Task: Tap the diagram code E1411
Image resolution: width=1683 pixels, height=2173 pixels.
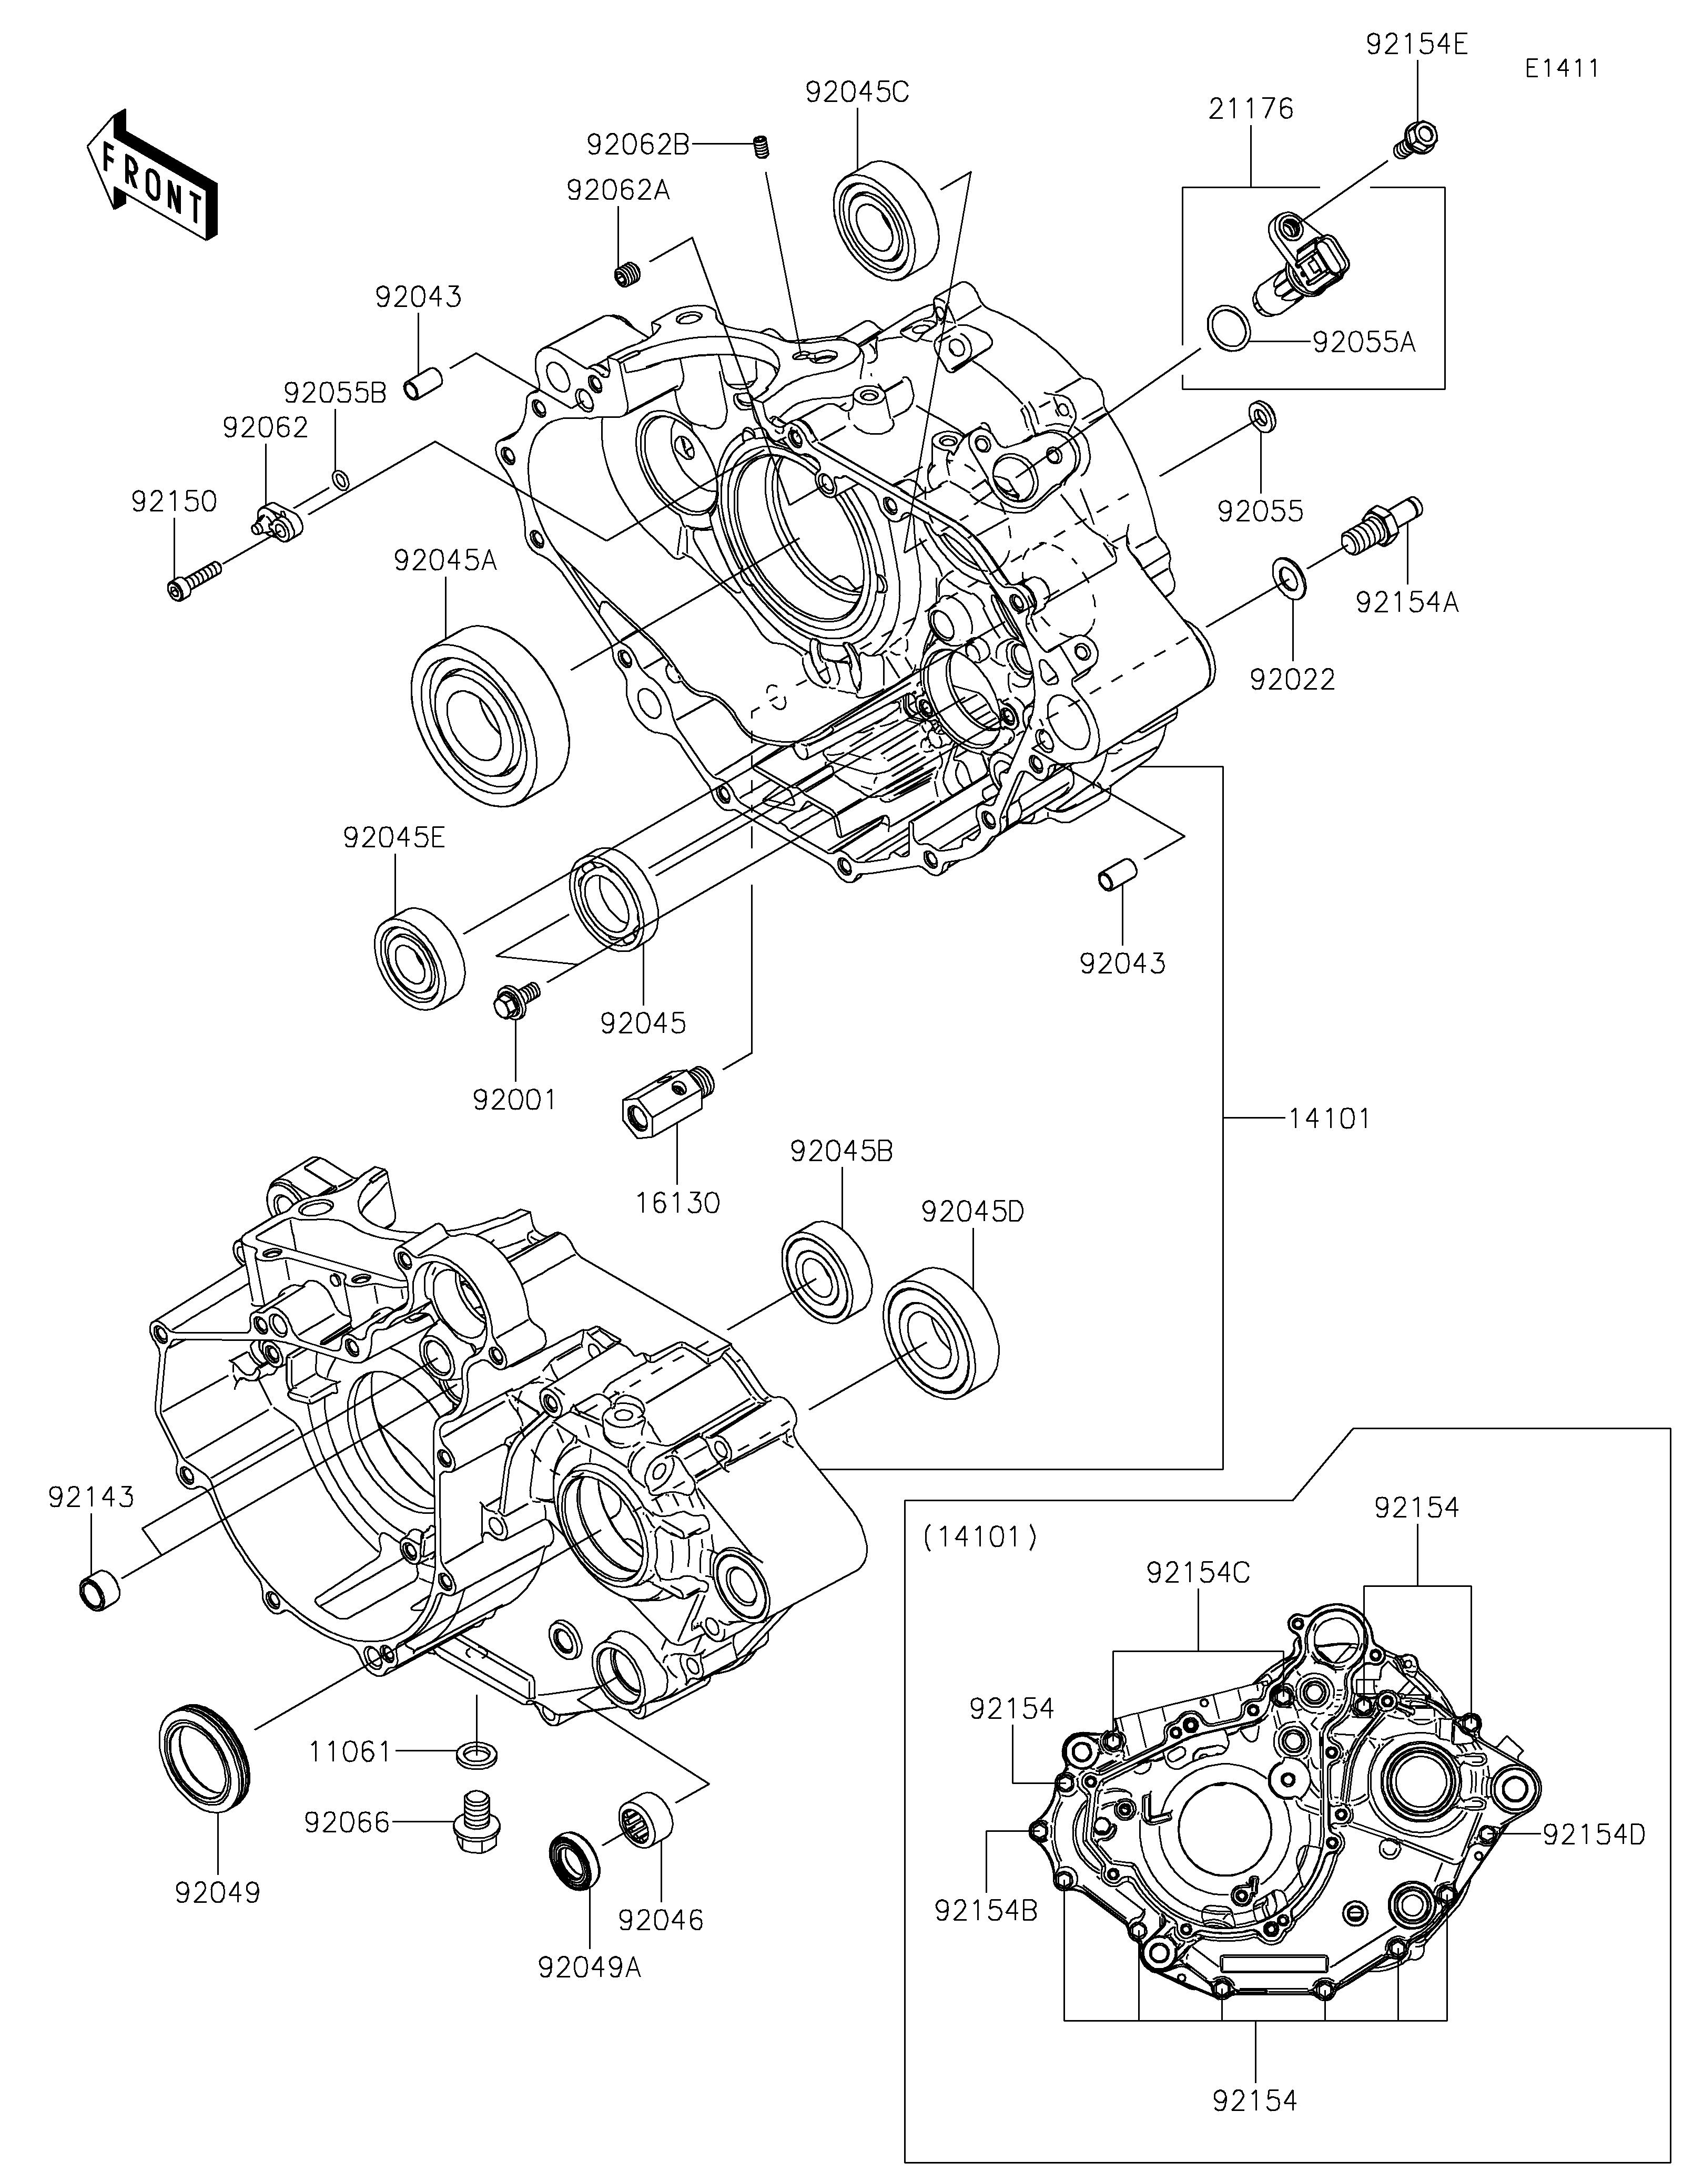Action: (x=1562, y=69)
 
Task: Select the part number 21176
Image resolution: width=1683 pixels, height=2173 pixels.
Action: (x=1251, y=108)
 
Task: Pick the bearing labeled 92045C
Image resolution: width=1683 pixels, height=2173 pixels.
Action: (x=885, y=216)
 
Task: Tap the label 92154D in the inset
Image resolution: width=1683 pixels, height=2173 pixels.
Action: (x=1594, y=1834)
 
